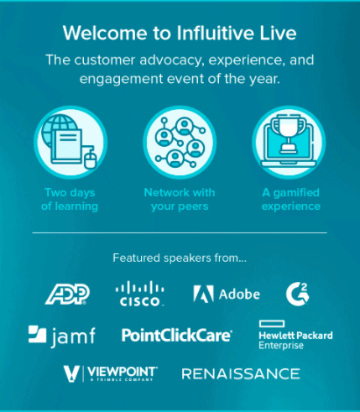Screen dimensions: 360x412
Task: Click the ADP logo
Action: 67,294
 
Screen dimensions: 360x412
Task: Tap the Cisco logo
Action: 140,294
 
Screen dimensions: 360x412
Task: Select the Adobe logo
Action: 227,294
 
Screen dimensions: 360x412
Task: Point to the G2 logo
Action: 297,294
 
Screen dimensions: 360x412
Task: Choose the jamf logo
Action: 62,336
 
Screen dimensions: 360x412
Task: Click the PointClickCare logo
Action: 177,335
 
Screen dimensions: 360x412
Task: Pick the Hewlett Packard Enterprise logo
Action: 295,335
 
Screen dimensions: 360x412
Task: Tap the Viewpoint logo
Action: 111,373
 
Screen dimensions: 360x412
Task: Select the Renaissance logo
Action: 241,374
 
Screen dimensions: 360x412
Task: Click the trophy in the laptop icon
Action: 289,133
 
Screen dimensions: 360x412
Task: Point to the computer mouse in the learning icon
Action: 90,158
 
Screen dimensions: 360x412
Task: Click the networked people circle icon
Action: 180,143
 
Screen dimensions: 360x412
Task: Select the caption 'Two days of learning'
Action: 70,200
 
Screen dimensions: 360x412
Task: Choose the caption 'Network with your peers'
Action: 180,200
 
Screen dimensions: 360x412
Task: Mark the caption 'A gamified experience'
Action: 291,200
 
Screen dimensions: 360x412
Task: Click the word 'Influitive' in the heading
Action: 215,33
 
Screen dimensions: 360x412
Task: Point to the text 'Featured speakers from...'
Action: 180,258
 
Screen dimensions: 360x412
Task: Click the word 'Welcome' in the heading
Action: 105,33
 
